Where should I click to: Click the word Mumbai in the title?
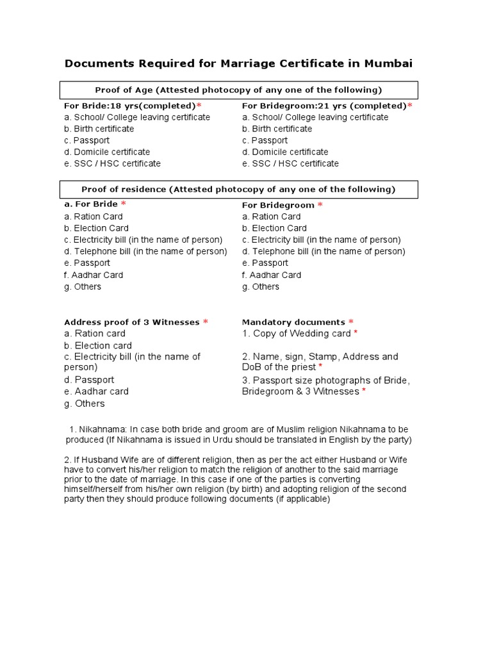[388, 63]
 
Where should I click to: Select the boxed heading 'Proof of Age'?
[238, 90]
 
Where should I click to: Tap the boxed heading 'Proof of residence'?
[238, 190]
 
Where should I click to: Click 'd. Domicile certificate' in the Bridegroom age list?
[285, 152]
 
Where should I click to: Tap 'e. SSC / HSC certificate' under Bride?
[112, 163]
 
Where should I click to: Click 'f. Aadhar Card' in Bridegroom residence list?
[272, 275]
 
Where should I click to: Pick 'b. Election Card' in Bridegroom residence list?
[274, 228]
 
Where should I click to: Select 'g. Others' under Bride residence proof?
[83, 286]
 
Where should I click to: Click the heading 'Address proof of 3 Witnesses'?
[132, 322]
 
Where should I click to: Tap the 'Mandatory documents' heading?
[293, 322]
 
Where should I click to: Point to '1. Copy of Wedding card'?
[297, 334]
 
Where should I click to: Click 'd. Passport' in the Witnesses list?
[89, 380]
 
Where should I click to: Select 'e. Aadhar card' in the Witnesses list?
[96, 391]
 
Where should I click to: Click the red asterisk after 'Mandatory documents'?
[351, 322]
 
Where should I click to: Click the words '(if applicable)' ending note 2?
[303, 499]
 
